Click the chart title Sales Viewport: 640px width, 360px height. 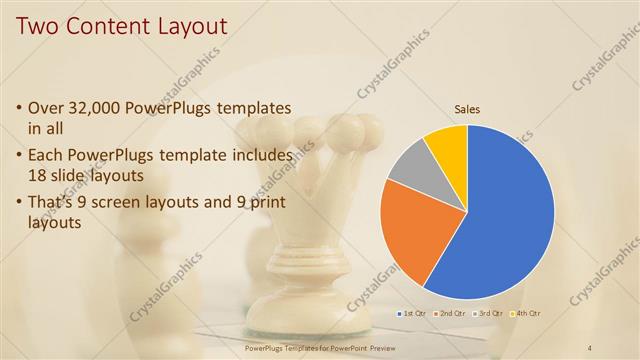point(467,108)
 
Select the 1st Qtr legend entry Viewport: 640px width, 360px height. point(413,313)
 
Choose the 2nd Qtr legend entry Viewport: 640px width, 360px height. point(450,313)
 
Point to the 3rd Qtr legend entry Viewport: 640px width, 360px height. point(488,313)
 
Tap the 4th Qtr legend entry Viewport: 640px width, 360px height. point(526,313)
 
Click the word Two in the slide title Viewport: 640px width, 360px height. point(36,24)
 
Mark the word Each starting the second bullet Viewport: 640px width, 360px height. point(47,156)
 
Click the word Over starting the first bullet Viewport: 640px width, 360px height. point(48,107)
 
